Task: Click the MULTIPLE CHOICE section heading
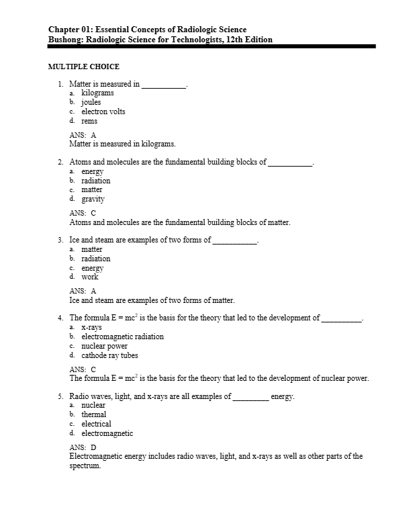(x=84, y=67)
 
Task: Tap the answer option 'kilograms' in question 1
(x=97, y=93)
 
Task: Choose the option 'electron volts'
(x=103, y=112)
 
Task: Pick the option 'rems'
(x=89, y=121)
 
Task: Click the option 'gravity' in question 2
(x=93, y=199)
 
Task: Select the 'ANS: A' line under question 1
(x=83, y=135)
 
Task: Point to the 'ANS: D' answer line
(x=83, y=447)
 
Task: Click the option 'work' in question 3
(x=90, y=277)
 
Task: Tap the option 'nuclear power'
(x=104, y=346)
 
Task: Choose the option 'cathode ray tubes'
(x=109, y=355)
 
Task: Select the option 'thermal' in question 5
(x=94, y=414)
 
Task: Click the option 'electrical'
(x=96, y=424)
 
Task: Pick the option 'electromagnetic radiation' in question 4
(x=122, y=337)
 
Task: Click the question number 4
(x=61, y=318)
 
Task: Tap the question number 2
(x=61, y=162)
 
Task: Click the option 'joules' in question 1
(x=91, y=103)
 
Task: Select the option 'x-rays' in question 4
(x=92, y=327)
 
